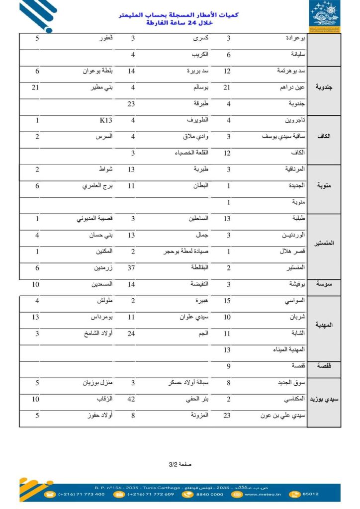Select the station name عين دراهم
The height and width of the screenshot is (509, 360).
[x=292, y=87]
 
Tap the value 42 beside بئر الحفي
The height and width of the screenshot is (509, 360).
[x=133, y=399]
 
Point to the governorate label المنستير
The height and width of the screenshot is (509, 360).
[x=324, y=244]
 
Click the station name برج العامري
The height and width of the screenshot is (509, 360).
[x=98, y=186]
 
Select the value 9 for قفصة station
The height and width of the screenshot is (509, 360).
[x=228, y=366]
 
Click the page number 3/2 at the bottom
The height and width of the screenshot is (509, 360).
[x=173, y=464]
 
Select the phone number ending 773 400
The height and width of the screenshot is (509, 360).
[x=82, y=494]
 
